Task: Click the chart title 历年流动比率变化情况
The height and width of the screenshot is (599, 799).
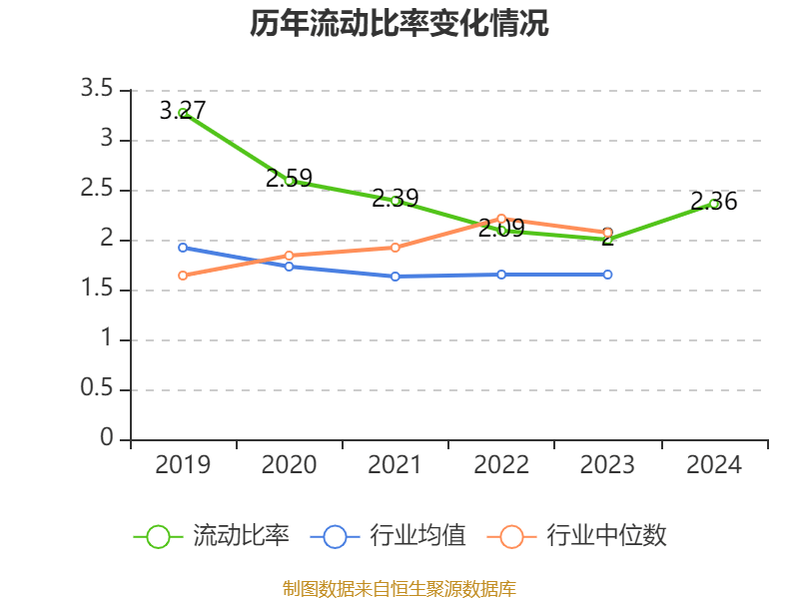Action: (399, 24)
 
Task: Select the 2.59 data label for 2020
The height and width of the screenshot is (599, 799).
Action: (289, 179)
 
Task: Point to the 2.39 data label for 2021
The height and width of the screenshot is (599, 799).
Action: (395, 198)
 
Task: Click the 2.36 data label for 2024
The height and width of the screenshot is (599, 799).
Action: (714, 202)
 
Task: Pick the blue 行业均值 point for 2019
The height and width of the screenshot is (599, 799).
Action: (183, 248)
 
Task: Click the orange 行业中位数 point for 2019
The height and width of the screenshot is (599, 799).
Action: (183, 276)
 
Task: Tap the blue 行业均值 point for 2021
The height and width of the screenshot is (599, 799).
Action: (396, 277)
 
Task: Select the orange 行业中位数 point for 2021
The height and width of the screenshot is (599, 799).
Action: (396, 247)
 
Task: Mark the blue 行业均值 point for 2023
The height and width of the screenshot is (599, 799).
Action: (607, 275)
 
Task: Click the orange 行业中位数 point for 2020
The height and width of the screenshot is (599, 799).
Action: (289, 256)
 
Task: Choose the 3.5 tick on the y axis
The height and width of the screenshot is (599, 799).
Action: (97, 90)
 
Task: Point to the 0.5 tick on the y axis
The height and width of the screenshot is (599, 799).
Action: (97, 389)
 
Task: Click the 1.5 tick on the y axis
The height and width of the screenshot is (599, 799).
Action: (97, 290)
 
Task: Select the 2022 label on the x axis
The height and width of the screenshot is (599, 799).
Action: (501, 464)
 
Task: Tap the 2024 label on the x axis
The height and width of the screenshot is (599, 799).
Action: (714, 464)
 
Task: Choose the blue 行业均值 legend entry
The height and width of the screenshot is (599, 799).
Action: (389, 536)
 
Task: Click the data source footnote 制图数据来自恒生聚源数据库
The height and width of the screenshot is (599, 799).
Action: (399, 588)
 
